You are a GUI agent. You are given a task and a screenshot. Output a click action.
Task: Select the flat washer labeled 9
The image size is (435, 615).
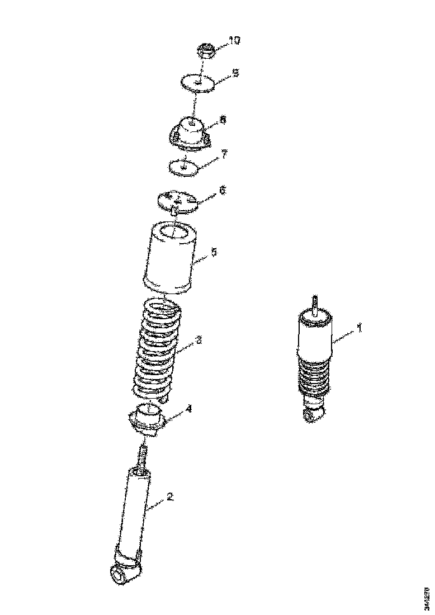198,83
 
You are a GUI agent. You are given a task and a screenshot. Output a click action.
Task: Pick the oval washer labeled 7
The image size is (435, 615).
183,166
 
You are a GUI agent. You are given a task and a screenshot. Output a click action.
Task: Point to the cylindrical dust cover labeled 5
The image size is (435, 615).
172,257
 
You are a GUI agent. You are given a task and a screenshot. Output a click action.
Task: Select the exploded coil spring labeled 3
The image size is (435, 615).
157,349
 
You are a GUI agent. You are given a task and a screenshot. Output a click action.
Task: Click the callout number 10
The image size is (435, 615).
234,40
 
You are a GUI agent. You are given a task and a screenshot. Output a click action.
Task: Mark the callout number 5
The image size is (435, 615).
214,252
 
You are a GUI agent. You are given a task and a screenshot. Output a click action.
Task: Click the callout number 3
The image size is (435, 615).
198,340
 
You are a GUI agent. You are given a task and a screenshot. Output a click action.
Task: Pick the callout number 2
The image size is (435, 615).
171,496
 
